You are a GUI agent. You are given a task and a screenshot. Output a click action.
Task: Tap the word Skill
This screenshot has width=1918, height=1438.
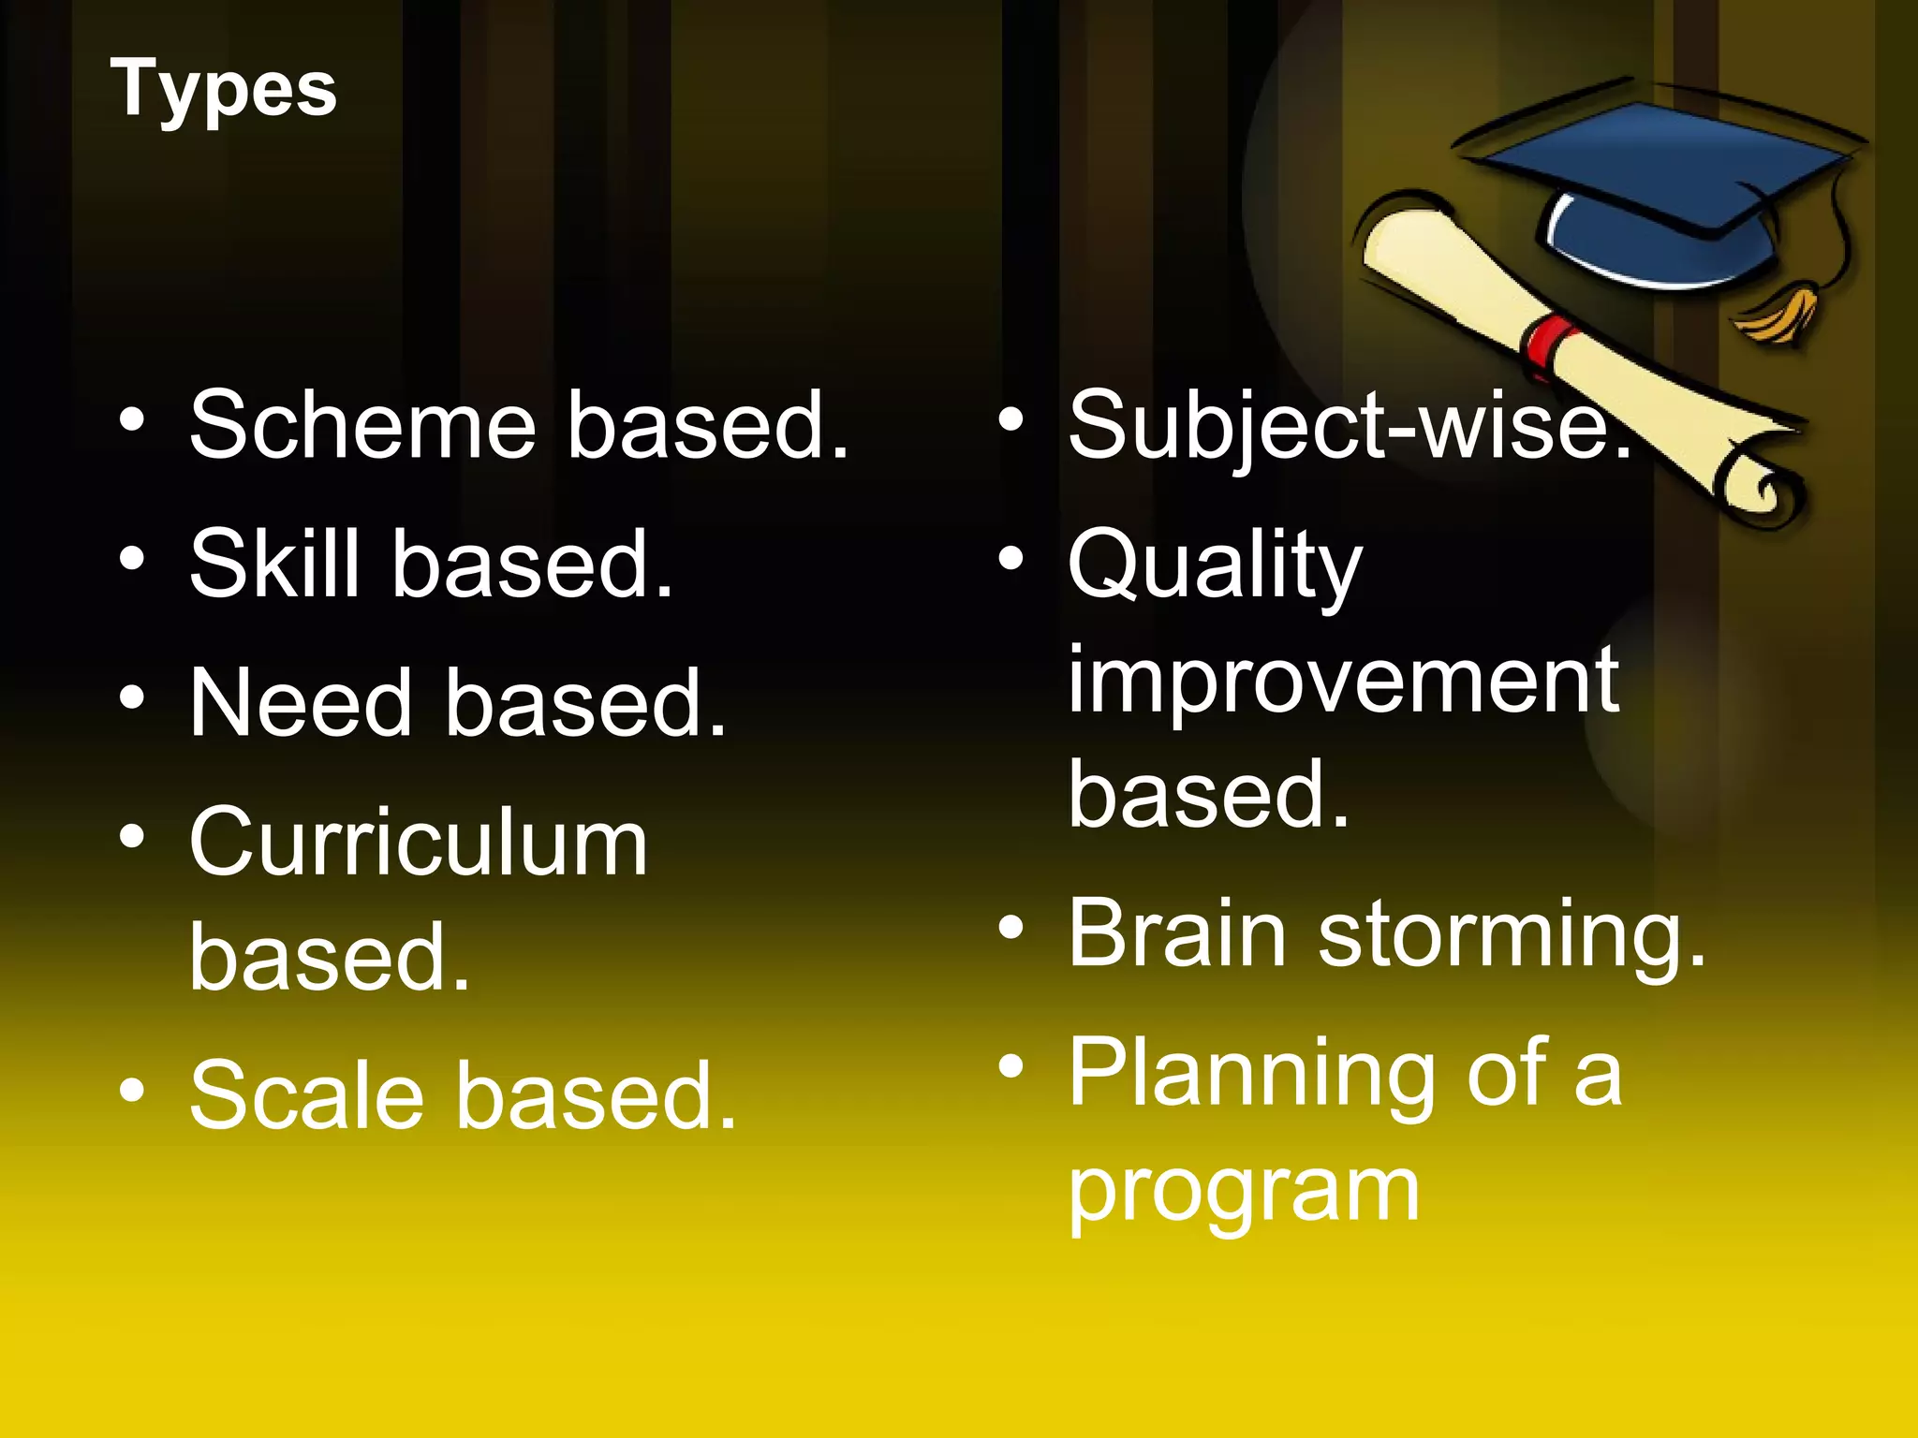273,564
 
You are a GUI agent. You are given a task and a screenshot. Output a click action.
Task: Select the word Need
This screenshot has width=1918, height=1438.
300,702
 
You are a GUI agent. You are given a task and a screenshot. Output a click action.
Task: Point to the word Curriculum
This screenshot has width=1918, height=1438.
418,843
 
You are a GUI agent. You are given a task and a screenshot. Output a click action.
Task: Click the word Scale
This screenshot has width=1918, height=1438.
306,1095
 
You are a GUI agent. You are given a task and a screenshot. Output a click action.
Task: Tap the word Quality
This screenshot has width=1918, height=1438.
1215,567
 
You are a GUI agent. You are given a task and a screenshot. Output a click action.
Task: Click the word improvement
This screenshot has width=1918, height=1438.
1343,681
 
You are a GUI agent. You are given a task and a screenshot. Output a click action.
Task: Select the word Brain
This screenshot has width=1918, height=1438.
1177,933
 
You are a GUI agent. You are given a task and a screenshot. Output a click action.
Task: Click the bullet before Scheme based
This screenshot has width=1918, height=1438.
132,420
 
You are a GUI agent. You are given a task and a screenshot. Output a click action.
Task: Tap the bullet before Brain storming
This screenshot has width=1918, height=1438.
1011,928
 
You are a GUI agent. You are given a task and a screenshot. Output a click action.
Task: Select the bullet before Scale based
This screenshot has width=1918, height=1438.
132,1090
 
